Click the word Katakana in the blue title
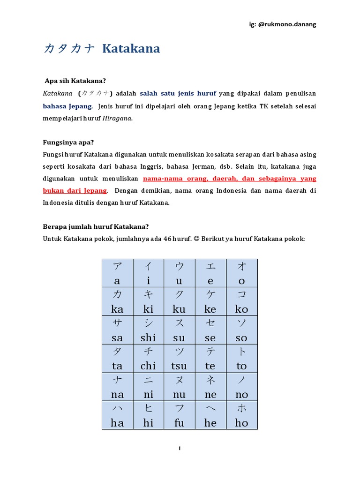(131, 49)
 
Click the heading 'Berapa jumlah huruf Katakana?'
(96, 226)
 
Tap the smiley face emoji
(196, 239)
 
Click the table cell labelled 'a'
(117, 273)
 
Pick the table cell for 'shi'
(148, 330)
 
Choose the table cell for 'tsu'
(179, 359)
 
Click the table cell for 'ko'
(241, 301)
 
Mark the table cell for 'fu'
(179, 415)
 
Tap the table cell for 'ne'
(210, 387)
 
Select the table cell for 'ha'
(117, 415)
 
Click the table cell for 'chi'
(148, 359)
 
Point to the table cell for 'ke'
(210, 301)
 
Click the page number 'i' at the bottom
(180, 449)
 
